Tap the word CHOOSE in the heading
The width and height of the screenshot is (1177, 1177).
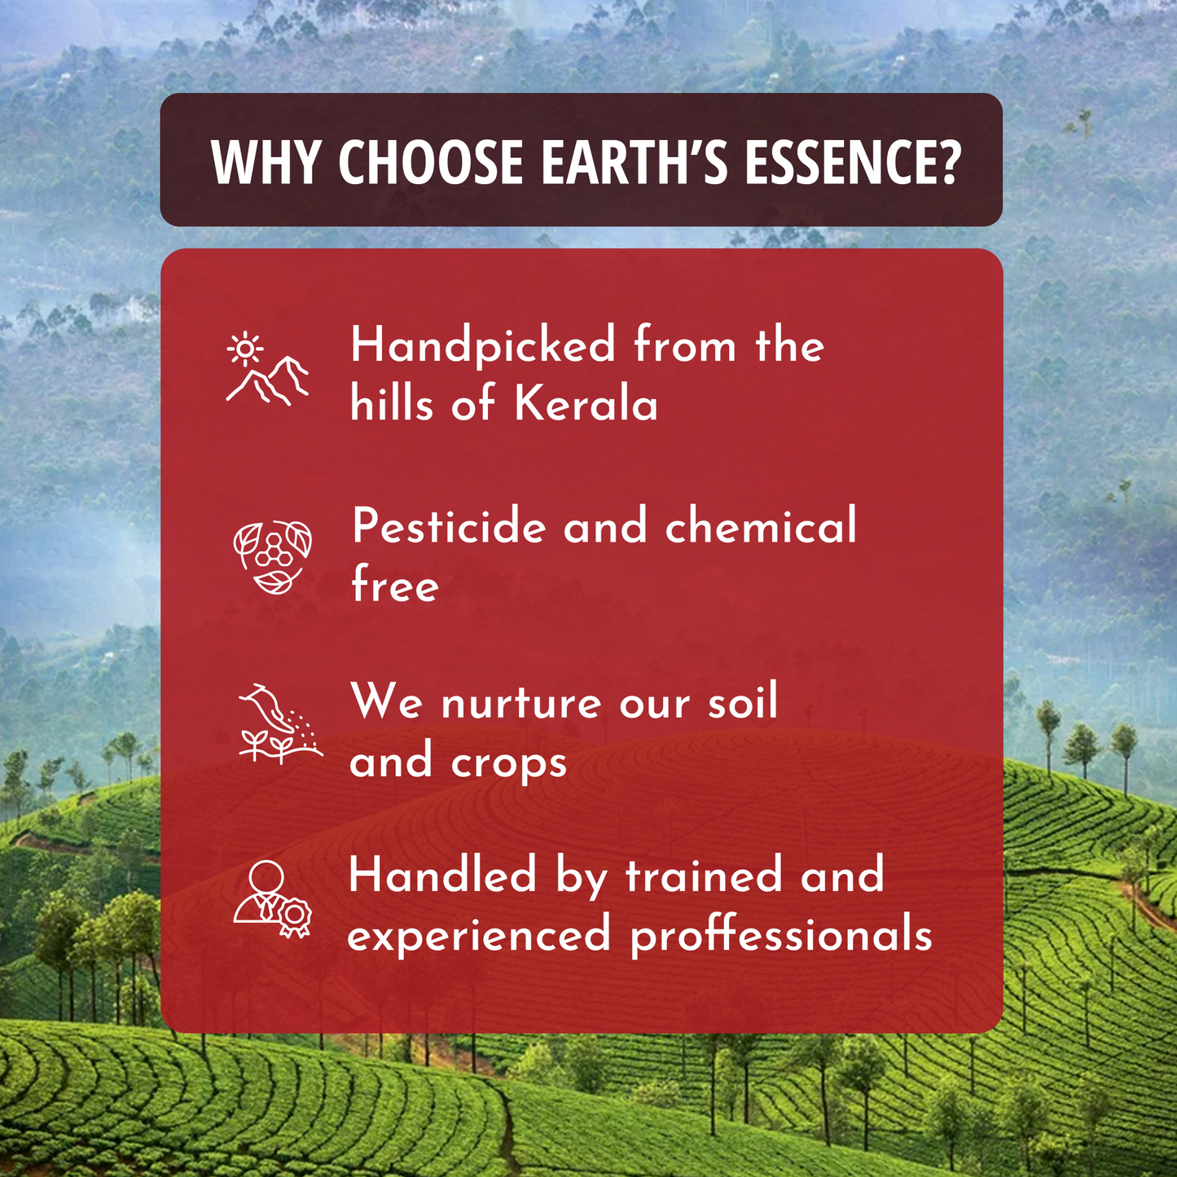[x=431, y=161]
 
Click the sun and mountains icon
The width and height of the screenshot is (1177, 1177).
[x=267, y=370]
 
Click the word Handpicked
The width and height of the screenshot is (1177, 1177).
[x=483, y=345]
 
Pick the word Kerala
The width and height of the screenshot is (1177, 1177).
[x=586, y=404]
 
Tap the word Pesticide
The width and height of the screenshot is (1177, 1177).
[x=449, y=526]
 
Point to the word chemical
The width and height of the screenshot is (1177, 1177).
[x=761, y=526]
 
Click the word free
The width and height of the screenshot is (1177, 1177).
[x=395, y=585]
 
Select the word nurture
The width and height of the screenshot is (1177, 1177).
[x=521, y=703]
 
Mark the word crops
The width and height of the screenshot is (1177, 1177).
[x=509, y=764]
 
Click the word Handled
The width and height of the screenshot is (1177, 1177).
[x=442, y=876]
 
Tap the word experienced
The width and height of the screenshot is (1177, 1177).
[x=479, y=935]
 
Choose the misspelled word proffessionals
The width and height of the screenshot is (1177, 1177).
[x=781, y=935]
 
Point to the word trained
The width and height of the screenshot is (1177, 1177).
[x=703, y=876]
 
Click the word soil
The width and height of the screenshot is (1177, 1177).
[x=742, y=701]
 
